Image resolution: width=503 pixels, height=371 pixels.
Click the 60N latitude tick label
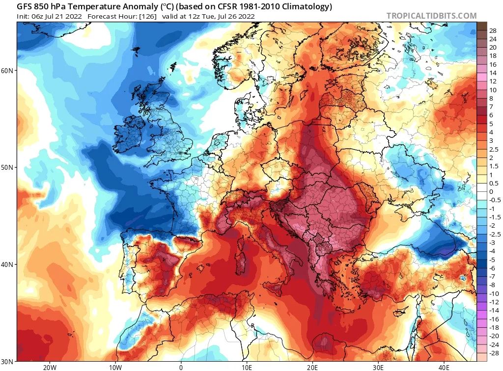(7, 71)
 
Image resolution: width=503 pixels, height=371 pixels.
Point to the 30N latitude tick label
(7, 362)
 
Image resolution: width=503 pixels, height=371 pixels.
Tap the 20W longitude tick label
(50, 367)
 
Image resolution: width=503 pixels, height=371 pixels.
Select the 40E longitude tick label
(444, 367)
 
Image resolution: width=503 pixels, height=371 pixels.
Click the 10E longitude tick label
(247, 367)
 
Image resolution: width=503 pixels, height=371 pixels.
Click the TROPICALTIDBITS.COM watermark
(431, 16)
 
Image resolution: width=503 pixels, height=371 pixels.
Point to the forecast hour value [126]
(148, 16)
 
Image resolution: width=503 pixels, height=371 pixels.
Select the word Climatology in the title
(308, 6)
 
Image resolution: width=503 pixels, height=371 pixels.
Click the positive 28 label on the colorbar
(493, 31)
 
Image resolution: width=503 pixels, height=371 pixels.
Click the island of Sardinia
(241, 262)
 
